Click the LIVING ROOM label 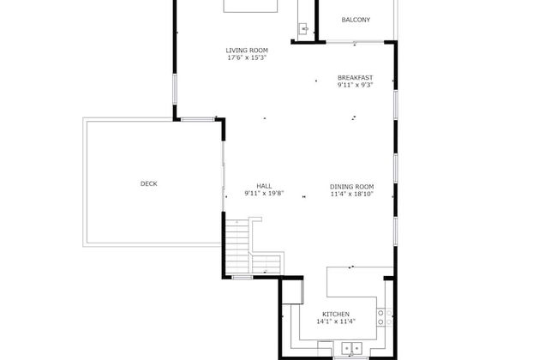click(x=247, y=51)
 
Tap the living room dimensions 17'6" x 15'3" click(x=247, y=58)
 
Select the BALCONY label click(x=356, y=20)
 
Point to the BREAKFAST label click(x=355, y=78)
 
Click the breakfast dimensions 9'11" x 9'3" click(x=355, y=86)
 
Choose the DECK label click(x=149, y=183)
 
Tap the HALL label click(x=264, y=186)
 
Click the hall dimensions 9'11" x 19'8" click(x=264, y=194)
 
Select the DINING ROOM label click(x=352, y=186)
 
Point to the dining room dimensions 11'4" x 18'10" click(x=352, y=194)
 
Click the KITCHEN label click(x=335, y=315)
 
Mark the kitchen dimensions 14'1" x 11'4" click(x=335, y=322)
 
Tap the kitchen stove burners click(x=386, y=315)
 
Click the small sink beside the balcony click(x=303, y=28)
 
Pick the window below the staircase click(x=243, y=277)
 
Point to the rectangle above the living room click(x=251, y=6)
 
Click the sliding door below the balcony click(x=360, y=41)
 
